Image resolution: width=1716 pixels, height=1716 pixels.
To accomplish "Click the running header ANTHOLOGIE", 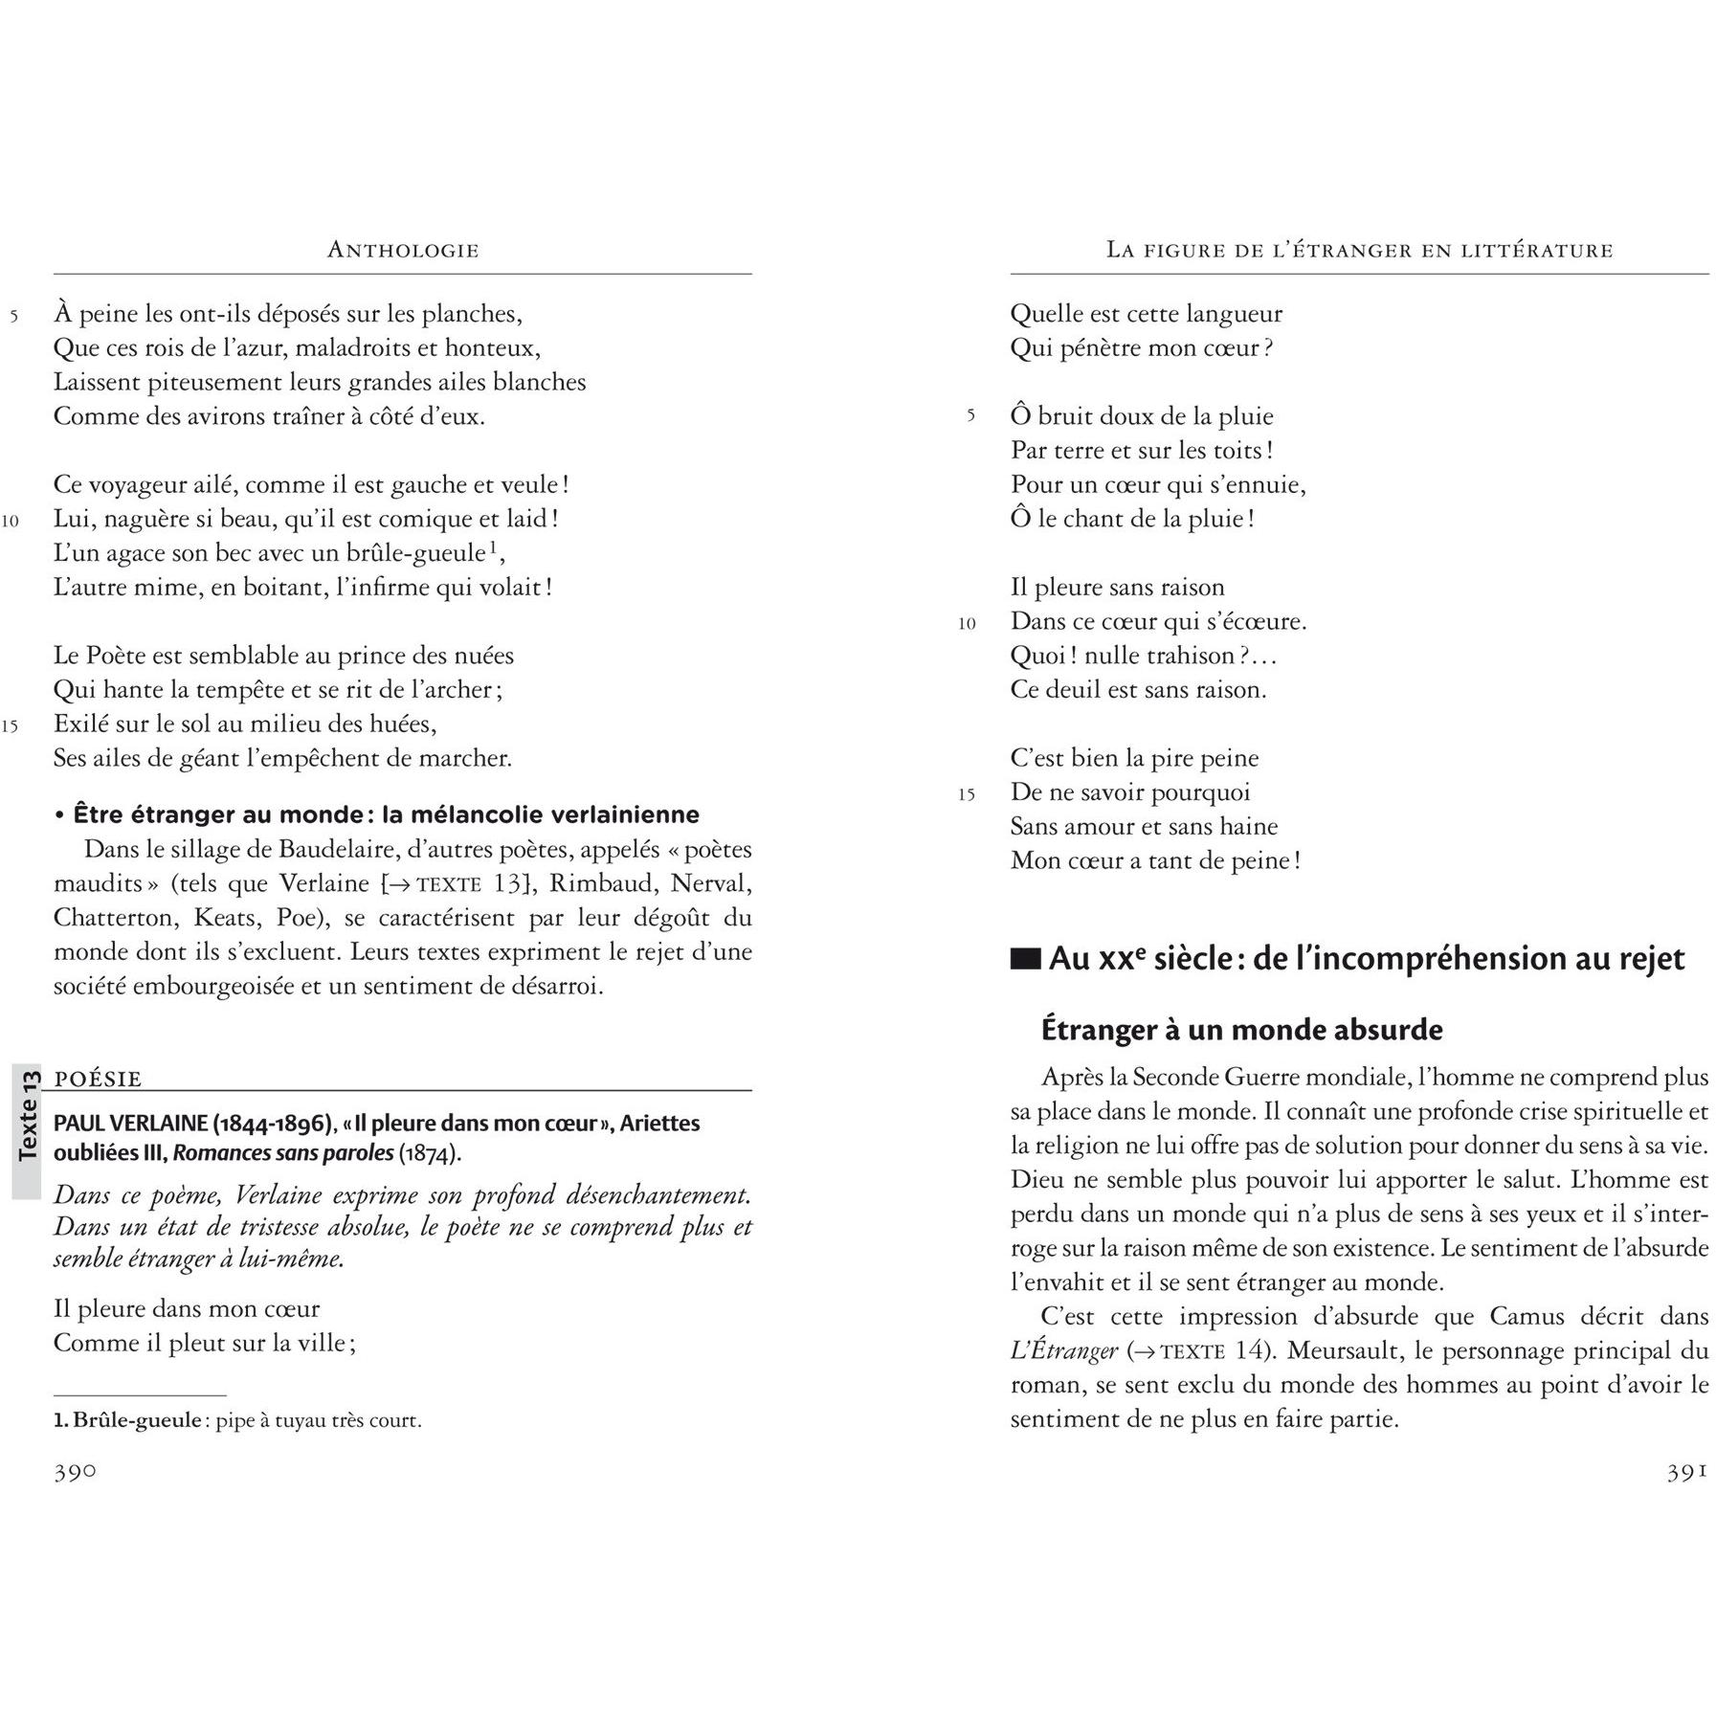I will (x=403, y=251).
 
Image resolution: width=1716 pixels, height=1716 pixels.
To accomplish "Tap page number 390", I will (x=75, y=1473).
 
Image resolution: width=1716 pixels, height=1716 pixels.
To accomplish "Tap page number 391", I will (x=1687, y=1473).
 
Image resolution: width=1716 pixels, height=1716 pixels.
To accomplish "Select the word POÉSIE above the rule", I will (x=99, y=1079).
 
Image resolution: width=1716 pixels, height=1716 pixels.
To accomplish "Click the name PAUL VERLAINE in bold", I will (x=130, y=1123).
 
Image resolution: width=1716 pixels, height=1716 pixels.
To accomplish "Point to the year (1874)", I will (x=430, y=1153).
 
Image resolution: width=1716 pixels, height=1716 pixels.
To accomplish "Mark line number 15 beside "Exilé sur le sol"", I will (x=11, y=725).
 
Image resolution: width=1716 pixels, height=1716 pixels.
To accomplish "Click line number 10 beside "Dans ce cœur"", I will (x=967, y=624).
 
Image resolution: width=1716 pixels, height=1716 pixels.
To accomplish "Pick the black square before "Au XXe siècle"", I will (x=1025, y=959).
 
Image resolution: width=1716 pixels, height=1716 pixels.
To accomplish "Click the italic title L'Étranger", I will (x=1063, y=1350).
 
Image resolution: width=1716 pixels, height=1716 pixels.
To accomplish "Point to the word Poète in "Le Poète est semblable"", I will (x=129, y=656).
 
